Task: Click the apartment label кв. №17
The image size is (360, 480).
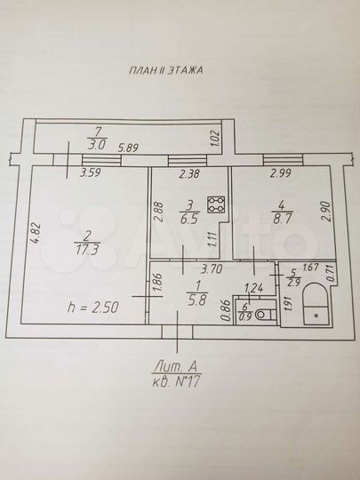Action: (x=179, y=380)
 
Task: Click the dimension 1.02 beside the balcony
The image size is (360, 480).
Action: (x=212, y=138)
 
